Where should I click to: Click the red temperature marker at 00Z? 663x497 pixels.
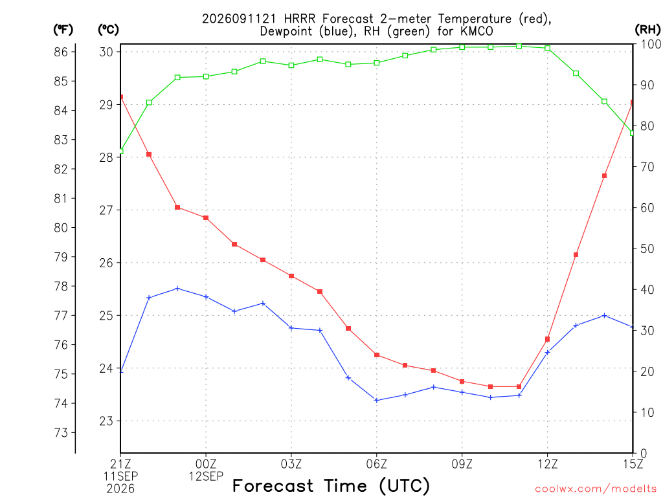coord(206,218)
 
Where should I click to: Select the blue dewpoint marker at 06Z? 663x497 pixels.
coord(377,400)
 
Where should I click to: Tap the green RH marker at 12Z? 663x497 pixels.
coord(548,48)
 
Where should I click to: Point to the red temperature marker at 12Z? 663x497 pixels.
coord(548,339)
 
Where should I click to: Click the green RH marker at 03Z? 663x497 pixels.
coord(291,65)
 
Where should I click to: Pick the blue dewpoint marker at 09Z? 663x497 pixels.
coord(462,393)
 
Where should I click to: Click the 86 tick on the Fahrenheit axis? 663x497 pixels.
coord(61,52)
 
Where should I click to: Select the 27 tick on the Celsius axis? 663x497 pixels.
coord(106,210)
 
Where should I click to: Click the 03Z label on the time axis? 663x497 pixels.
coord(291,465)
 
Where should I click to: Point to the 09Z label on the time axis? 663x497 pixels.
coord(462,465)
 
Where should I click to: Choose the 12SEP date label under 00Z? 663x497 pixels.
coord(206,477)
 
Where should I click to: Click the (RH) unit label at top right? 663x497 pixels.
coord(647,30)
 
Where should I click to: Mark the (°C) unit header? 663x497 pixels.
coord(109,30)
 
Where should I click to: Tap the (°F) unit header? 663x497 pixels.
coord(63,30)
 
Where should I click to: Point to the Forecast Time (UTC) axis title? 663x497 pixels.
coord(331,486)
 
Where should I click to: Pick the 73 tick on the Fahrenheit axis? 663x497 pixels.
coord(61,433)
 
